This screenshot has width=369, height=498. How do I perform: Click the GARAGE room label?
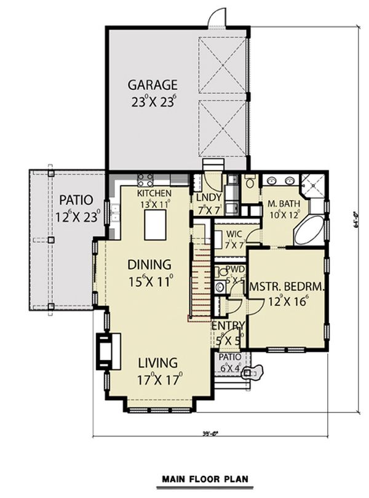[153, 84]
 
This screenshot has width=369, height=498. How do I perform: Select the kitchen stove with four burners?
[145, 180]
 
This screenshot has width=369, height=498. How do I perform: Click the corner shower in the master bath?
[314, 184]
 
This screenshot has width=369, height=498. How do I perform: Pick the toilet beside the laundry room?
[250, 182]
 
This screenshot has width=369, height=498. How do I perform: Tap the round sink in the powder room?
[221, 272]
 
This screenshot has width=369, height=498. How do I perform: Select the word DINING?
[149, 264]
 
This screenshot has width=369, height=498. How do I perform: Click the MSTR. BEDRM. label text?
[287, 287]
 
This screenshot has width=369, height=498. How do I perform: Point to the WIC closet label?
[233, 234]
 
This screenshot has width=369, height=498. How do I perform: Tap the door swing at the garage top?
[217, 18]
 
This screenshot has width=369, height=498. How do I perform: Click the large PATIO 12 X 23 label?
[77, 208]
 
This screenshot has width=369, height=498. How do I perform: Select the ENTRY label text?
[228, 325]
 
